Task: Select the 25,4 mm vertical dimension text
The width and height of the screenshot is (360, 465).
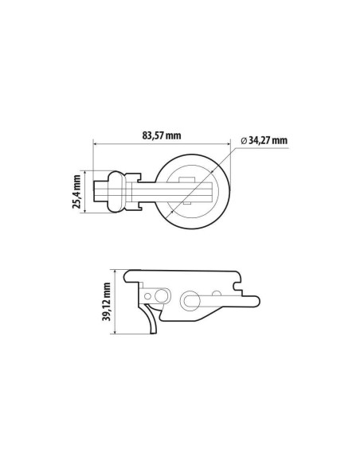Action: click(x=77, y=192)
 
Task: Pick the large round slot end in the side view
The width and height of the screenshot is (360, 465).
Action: click(x=191, y=300)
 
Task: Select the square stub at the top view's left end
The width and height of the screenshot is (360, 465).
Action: click(x=100, y=191)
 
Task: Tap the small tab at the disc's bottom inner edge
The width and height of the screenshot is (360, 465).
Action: click(x=192, y=209)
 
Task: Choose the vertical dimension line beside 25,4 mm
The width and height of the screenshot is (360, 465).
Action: click(x=87, y=192)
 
